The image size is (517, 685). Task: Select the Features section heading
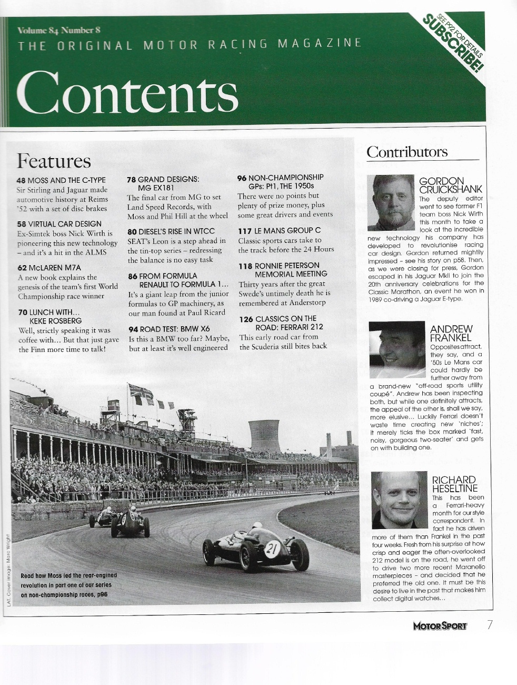click(54, 160)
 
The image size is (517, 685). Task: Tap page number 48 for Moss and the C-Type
click(22, 180)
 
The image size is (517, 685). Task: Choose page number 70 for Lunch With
click(22, 312)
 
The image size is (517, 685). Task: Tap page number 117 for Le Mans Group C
click(244, 230)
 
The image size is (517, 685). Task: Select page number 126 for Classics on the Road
click(245, 318)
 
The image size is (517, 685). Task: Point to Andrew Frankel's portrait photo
click(397, 349)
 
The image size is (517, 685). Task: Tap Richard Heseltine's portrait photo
click(400, 500)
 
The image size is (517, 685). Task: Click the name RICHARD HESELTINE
click(454, 484)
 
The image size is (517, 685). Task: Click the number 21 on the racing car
click(272, 549)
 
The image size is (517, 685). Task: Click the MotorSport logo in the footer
click(440, 626)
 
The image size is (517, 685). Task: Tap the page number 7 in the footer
click(490, 625)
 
